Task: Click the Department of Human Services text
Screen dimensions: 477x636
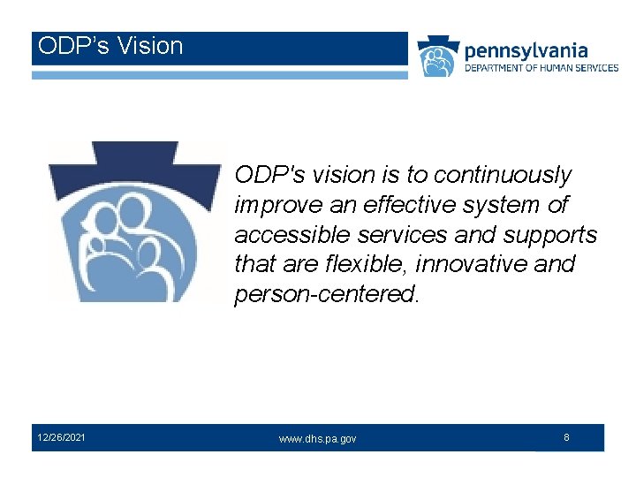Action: pyautogui.click(x=541, y=68)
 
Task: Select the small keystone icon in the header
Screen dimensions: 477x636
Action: pyautogui.click(x=438, y=57)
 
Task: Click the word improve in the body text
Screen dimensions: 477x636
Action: pyautogui.click(x=271, y=205)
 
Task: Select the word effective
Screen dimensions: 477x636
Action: pyautogui.click(x=407, y=205)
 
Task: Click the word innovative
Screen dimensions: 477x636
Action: pyautogui.click(x=470, y=264)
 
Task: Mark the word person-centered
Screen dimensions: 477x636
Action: pyautogui.click(x=326, y=294)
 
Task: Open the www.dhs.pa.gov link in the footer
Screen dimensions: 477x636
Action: pyautogui.click(x=317, y=439)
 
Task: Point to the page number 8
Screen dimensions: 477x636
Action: pyautogui.click(x=566, y=437)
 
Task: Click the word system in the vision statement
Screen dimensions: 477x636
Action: pyautogui.click(x=503, y=205)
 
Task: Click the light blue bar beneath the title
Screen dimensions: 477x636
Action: pyautogui.click(x=220, y=75)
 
